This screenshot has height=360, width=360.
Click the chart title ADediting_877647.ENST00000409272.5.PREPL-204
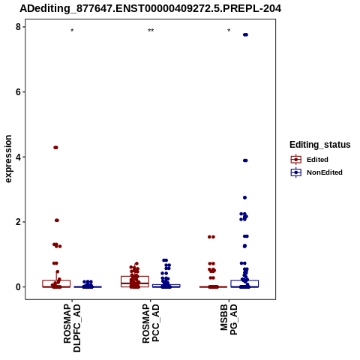coord(151,9)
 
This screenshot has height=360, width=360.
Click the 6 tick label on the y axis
coord(18,92)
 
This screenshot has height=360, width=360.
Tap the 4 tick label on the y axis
coord(18,157)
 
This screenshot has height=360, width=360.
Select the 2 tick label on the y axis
coord(18,222)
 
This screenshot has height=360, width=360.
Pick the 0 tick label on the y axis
coord(18,287)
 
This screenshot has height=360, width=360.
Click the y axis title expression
coord(8,159)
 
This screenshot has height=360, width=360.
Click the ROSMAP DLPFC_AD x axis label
coord(72,328)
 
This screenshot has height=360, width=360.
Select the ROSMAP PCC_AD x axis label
coord(151,323)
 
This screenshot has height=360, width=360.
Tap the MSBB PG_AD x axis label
coord(229,319)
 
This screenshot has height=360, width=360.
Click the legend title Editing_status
coord(320,145)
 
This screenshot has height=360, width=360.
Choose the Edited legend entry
coord(310,160)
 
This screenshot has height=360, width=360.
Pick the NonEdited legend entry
coord(316,172)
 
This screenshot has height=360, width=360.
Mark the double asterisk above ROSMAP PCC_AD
coord(151,31)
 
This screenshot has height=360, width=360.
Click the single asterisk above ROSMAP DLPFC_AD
coord(72,31)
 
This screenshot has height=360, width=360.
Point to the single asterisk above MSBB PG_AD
coord(229,31)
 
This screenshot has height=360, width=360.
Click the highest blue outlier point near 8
coord(245,34)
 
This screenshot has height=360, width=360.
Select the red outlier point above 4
coord(55,148)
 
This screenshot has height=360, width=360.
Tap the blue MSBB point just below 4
coord(245,160)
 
